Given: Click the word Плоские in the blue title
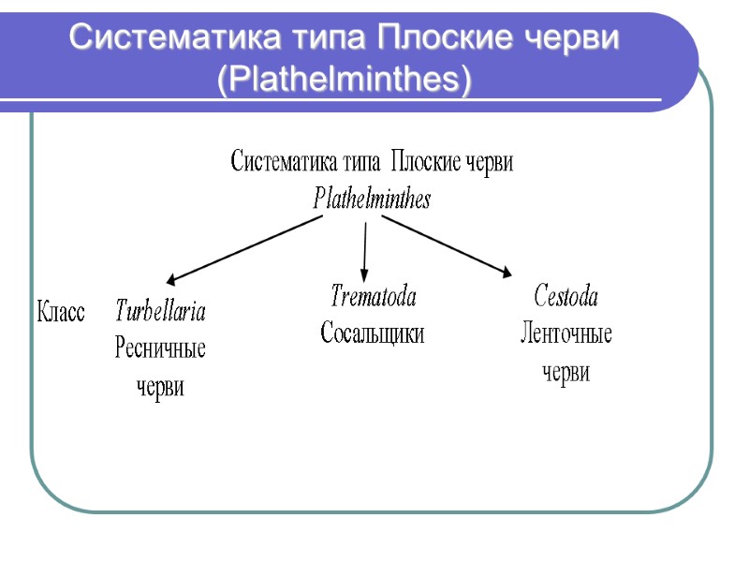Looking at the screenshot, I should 436,38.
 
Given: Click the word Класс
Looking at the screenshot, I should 61,312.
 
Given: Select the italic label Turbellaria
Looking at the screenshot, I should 160,311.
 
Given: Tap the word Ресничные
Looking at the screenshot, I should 160,349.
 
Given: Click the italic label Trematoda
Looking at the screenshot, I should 373,297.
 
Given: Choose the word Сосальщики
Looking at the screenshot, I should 373,333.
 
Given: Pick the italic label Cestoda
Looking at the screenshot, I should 565,297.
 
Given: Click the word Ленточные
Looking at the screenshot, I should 565,334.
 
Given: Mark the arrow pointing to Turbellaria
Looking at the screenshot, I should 245,249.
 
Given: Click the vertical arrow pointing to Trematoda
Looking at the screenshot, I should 364,246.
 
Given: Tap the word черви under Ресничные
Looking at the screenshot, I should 160,387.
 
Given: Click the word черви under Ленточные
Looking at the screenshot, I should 566,373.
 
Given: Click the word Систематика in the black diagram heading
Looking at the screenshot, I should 285,163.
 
